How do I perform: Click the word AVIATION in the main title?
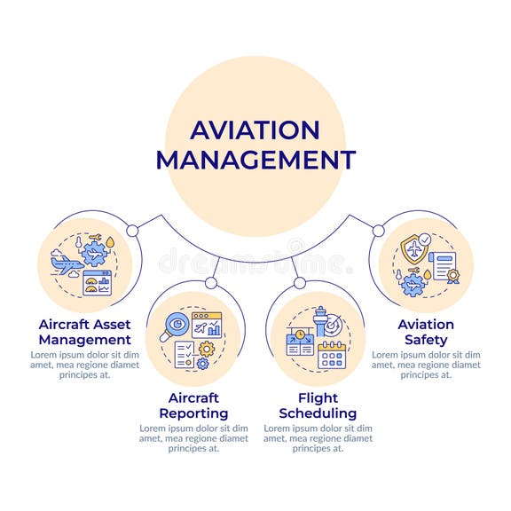click(255, 130)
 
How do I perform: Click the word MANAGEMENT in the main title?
click(255, 160)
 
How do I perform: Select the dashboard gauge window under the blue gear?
click(97, 283)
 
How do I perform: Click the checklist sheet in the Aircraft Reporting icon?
click(185, 354)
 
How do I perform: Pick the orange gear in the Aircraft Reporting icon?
click(206, 349)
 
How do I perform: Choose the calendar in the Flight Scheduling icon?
click(331, 355)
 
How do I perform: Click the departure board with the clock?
click(299, 342)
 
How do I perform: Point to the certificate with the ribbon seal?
click(444, 266)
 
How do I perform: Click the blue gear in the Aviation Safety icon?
click(413, 284)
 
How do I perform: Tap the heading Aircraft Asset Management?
click(84, 331)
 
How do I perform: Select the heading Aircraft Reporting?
click(193, 405)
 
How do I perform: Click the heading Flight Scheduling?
click(317, 405)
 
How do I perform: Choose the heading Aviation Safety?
click(426, 331)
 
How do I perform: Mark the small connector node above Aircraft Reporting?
click(210, 283)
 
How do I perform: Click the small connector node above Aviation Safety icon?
click(379, 231)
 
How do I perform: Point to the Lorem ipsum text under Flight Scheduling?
click(317, 437)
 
